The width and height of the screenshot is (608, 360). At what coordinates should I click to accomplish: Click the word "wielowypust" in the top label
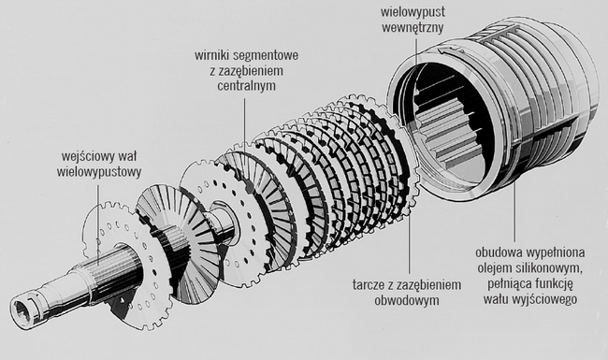[413, 11]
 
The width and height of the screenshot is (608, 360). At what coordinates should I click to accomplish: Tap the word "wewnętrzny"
[413, 27]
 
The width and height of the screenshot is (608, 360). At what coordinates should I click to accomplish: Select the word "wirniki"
[212, 55]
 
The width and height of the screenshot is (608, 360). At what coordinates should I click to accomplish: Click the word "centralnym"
[246, 85]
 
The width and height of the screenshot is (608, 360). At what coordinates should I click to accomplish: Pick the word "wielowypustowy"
[99, 172]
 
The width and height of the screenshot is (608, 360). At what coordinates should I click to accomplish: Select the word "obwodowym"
[407, 300]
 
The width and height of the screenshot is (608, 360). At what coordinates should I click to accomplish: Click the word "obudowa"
[499, 252]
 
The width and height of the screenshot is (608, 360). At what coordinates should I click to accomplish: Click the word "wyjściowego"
[543, 299]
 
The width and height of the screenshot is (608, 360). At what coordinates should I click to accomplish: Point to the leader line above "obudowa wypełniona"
[515, 210]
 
